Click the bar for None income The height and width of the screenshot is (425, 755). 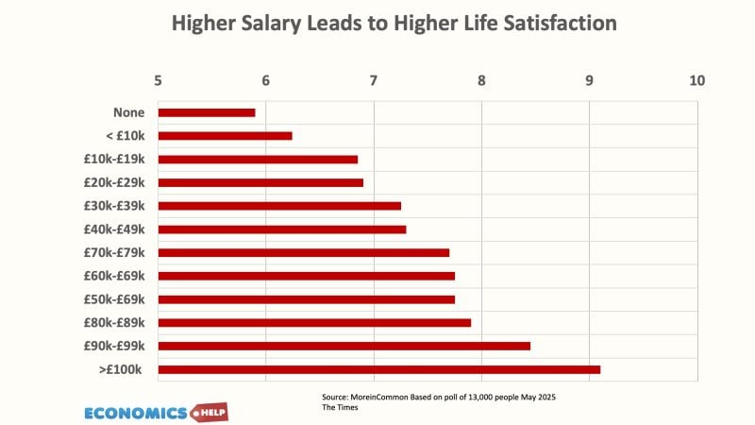click(206, 112)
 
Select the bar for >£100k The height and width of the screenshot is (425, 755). click(378, 369)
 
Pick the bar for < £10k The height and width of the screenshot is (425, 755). click(225, 136)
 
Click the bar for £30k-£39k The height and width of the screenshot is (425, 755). click(279, 206)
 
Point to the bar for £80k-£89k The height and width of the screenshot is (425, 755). click(314, 323)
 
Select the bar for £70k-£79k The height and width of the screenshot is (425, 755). click(303, 252)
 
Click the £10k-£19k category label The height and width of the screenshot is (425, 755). click(114, 159)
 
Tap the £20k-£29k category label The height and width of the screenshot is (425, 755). click(114, 182)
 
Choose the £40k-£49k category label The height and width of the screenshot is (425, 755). click(114, 229)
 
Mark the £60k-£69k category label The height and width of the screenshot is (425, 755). click(114, 276)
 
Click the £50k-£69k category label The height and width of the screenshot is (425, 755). click(114, 299)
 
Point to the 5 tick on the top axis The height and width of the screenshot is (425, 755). click(158, 80)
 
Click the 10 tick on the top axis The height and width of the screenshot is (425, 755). click(697, 80)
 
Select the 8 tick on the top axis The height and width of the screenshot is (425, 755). click(481, 80)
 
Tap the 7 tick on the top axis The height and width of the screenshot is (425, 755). click(374, 80)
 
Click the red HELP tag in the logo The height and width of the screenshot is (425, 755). click(210, 413)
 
